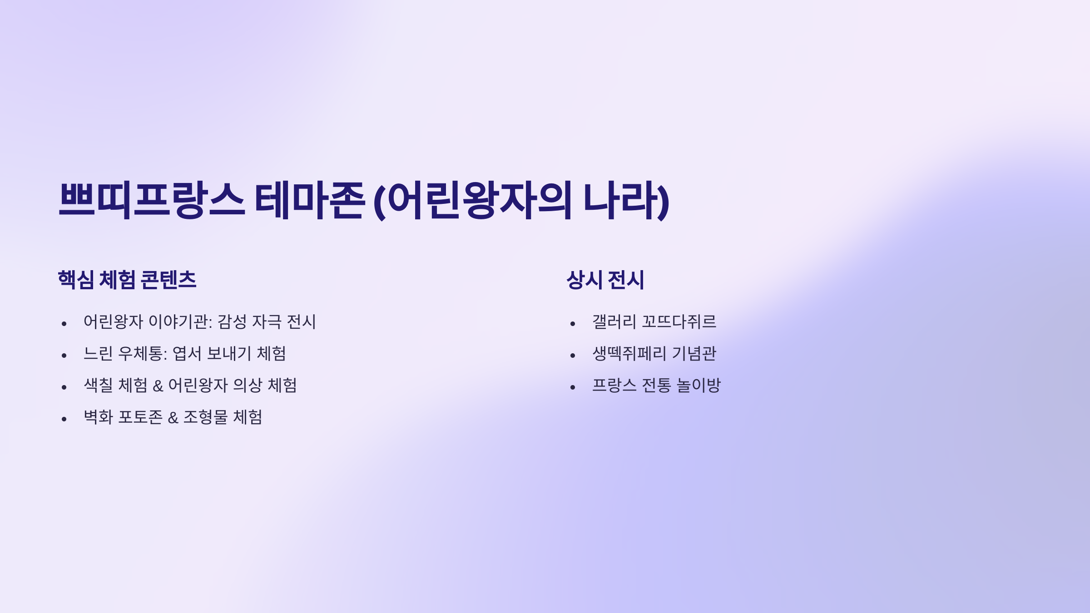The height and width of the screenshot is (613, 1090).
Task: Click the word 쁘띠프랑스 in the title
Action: [x=152, y=200]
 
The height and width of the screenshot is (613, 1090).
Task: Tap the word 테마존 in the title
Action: [x=309, y=200]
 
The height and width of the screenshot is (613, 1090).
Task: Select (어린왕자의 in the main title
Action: [x=472, y=200]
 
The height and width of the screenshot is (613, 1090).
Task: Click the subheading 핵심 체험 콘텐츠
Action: [x=127, y=280]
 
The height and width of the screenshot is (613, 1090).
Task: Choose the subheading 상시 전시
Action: [x=605, y=280]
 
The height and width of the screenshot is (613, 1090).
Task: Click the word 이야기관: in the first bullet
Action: [x=180, y=322]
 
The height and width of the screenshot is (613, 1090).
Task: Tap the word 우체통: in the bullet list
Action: [x=143, y=354]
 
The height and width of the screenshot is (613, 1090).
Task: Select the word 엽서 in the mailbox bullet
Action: [x=187, y=354]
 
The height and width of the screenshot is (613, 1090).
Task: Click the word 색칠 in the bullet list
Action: [x=98, y=386]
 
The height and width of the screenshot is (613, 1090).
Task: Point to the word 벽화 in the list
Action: [x=98, y=417]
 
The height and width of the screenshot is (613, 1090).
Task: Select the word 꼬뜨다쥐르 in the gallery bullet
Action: [x=679, y=322]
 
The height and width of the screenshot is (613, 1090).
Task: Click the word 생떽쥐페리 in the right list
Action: [x=629, y=354]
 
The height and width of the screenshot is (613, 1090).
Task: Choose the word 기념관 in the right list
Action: [x=694, y=354]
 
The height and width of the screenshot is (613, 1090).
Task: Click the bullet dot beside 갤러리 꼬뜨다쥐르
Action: [x=573, y=324]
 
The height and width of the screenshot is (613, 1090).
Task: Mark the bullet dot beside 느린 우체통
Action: [x=64, y=356]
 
